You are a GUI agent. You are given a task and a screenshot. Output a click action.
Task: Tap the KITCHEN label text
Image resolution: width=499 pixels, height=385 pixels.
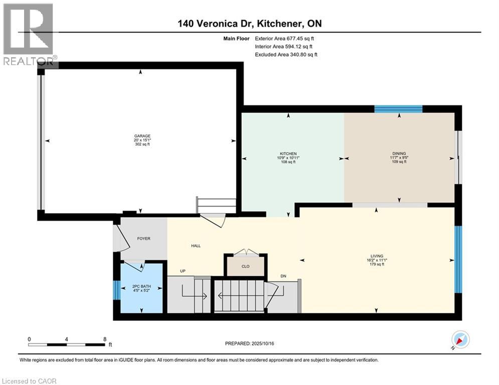(288, 154)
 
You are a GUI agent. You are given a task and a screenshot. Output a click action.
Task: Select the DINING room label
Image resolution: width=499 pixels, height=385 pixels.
(399, 154)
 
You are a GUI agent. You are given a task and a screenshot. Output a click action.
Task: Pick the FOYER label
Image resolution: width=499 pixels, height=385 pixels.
(143, 239)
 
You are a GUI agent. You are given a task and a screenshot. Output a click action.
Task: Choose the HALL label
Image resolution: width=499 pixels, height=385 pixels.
(196, 246)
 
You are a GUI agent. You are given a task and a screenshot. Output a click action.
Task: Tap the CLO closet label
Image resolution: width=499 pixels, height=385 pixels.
(245, 266)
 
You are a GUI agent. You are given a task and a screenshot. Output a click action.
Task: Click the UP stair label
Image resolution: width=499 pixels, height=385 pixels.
(184, 271)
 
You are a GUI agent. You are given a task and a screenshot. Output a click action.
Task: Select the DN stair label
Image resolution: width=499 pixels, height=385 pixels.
(283, 276)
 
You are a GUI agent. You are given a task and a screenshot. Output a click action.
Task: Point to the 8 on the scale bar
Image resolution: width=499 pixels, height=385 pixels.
(105, 339)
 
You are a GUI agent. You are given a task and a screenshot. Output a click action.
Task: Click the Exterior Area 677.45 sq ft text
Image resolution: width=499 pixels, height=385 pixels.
(284, 38)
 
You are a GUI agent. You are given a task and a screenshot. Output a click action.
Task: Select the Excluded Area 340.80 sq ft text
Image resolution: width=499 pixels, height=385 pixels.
(286, 54)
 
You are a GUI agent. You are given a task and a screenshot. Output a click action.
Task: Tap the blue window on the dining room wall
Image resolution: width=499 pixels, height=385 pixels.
(399, 109)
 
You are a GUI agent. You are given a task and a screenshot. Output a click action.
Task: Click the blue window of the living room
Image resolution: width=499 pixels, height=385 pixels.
(457, 260)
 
